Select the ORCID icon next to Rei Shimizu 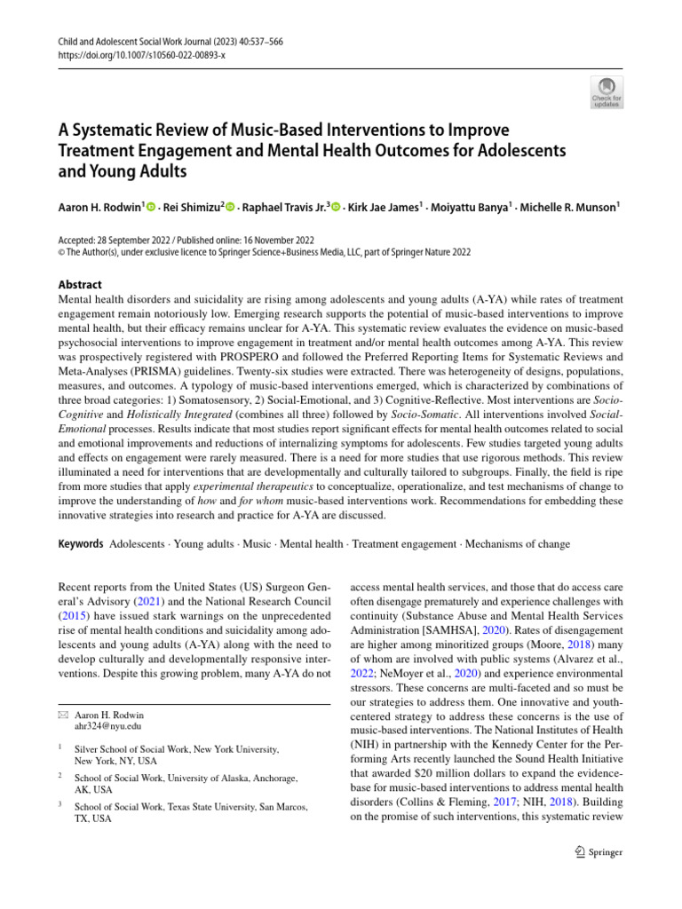[230, 207]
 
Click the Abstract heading [79, 285]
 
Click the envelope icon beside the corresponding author [61, 715]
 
